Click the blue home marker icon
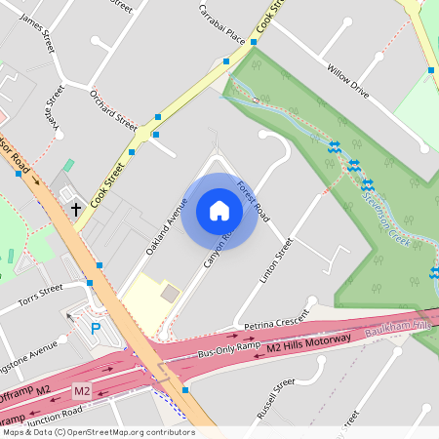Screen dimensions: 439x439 pos(219,211)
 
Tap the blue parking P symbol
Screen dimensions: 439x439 pos(96,329)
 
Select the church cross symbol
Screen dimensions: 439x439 pos(76,209)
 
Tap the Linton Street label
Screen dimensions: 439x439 pos(276,261)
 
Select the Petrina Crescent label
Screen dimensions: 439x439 pos(275,323)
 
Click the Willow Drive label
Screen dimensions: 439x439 pos(348,82)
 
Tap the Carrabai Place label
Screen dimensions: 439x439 pos(221,27)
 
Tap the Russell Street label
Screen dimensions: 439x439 pos(275,400)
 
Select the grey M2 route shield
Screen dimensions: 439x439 pos(83,391)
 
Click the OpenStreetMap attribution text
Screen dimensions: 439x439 pos(98,432)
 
